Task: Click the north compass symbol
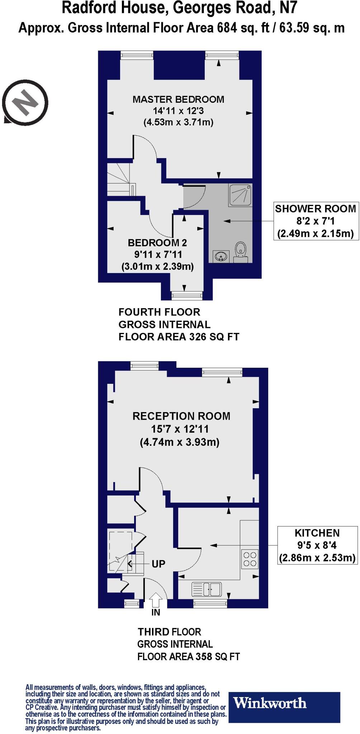pyautogui.click(x=25, y=103)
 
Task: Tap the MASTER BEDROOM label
pyautogui.click(x=178, y=99)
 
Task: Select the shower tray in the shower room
pyautogui.click(x=240, y=195)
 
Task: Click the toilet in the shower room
pyautogui.click(x=241, y=250)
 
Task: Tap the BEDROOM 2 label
pyautogui.click(x=157, y=243)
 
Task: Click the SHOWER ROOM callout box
pyautogui.click(x=316, y=221)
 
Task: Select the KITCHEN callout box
pyautogui.click(x=317, y=545)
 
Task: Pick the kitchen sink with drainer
pyautogui.click(x=207, y=589)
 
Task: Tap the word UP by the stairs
pyautogui.click(x=158, y=564)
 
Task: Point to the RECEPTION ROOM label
pyautogui.click(x=181, y=416)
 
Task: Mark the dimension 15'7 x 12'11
pyautogui.click(x=180, y=429)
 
